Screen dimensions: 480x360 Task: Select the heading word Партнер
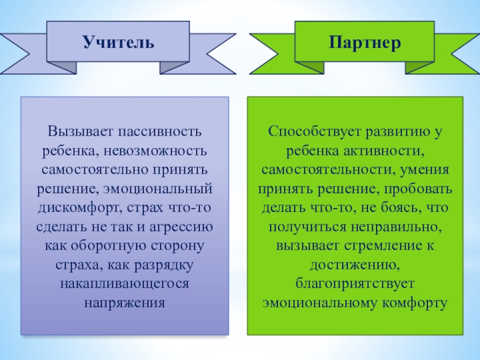(x=365, y=43)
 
